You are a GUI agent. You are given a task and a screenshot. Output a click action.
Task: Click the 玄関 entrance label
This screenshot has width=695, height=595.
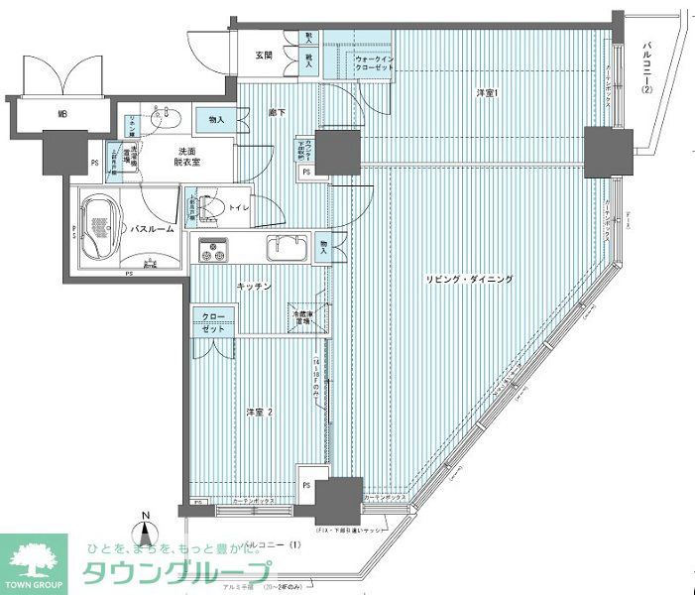[x=264, y=55]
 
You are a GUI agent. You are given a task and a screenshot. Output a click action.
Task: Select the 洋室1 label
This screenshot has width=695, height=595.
[x=486, y=94]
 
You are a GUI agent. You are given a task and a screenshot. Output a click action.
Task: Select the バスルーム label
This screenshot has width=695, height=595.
[x=152, y=229]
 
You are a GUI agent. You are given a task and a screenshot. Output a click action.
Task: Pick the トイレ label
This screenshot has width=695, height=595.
[x=238, y=208]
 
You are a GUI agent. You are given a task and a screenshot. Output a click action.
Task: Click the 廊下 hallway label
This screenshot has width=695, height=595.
[x=275, y=114]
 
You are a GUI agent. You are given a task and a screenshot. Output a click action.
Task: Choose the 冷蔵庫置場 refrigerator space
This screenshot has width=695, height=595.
[x=301, y=318]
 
